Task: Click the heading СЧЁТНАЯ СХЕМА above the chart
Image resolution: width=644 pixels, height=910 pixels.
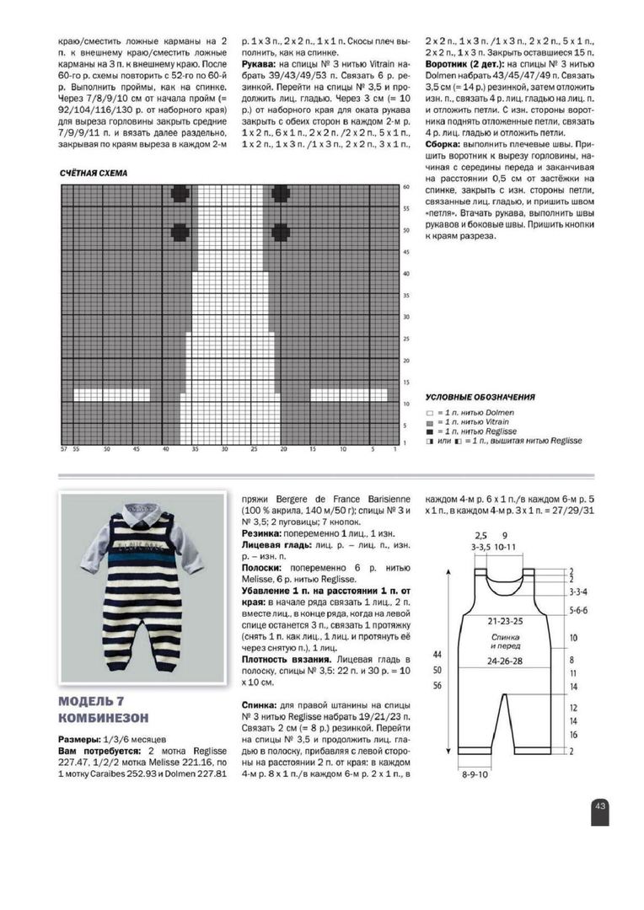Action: [x=94, y=174]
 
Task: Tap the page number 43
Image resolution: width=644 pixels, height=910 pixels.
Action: [x=600, y=806]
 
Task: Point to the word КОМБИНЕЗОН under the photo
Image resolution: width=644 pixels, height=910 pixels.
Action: [x=105, y=718]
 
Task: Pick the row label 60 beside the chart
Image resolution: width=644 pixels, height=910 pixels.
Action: [x=405, y=186]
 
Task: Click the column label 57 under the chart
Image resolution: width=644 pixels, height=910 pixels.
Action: [x=62, y=449]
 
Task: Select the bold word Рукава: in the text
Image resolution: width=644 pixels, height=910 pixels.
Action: [x=260, y=63]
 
